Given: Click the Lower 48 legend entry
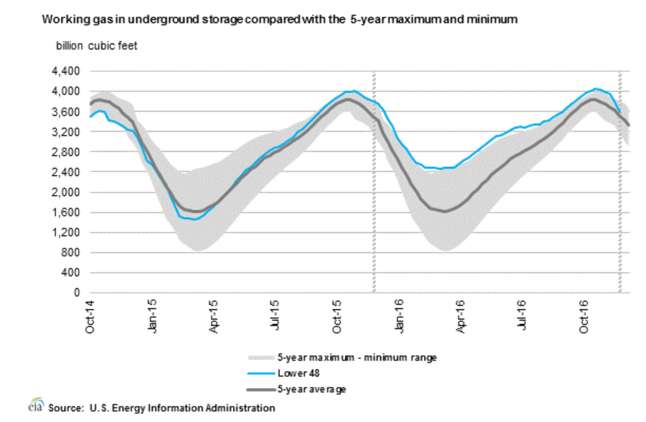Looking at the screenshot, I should pos(296,374).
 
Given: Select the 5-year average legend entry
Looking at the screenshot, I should pos(312,389).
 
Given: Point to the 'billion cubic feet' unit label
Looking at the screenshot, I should pos(97,46).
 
